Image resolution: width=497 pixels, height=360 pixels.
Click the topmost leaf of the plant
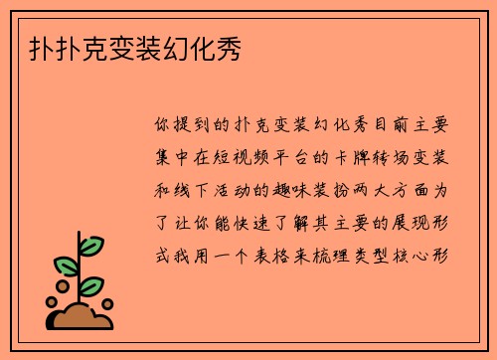coord(90,245)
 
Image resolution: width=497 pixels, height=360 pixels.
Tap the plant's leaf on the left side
coord(66,266)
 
